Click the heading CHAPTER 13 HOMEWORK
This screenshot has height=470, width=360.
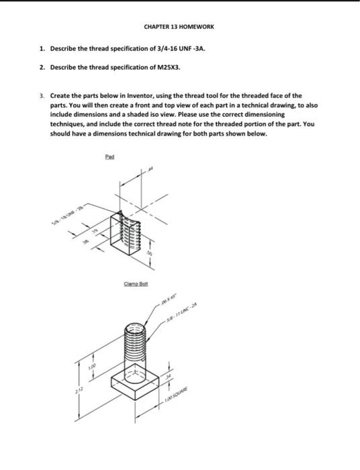(179, 27)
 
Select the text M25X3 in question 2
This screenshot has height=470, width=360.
(166, 68)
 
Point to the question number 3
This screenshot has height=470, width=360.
(41, 96)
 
